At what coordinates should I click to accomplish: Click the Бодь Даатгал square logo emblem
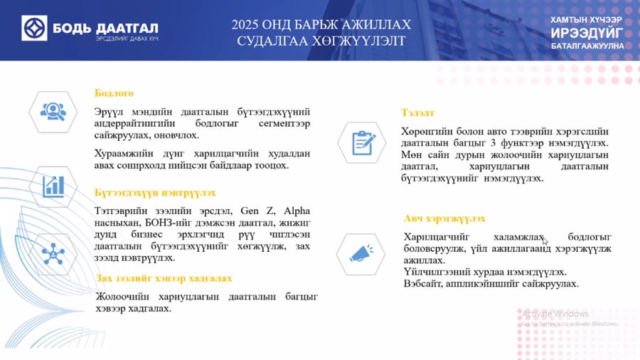coord(34,28)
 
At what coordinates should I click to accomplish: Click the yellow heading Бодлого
coord(114,93)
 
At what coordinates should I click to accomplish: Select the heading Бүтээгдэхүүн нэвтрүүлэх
coord(155,193)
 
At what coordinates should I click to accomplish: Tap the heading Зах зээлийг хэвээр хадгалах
coord(164,278)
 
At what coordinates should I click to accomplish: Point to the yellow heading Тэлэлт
coord(417,112)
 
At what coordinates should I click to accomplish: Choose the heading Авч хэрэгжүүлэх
coord(444,219)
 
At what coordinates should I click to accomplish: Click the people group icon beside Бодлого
coord(53,112)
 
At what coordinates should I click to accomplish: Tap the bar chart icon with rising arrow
coord(53,187)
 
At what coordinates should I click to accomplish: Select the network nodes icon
coord(53,253)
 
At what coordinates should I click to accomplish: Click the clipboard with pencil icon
coord(363,143)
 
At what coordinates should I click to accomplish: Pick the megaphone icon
coord(361,254)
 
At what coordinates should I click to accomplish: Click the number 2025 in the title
coord(245,25)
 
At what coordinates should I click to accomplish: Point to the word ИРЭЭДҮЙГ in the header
coord(587,33)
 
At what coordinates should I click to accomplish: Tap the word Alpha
coord(297,211)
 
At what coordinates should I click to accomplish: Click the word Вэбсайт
coord(422,284)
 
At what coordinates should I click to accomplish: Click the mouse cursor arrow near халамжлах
coord(545,240)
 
